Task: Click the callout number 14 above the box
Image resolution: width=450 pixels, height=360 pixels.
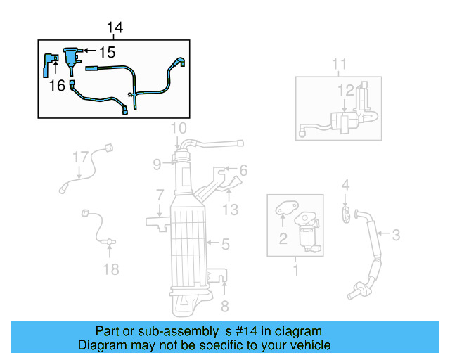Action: (115, 27)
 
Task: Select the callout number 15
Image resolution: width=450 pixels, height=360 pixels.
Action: (106, 52)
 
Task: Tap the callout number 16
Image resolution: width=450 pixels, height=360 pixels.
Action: (58, 85)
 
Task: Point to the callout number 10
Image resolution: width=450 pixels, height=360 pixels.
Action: (179, 128)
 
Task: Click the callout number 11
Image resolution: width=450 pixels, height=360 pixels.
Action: (340, 65)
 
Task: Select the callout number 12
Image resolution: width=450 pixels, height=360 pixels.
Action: (345, 90)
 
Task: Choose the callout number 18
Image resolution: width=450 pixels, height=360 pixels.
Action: (111, 269)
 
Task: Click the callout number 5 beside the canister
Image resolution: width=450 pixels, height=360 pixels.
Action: (225, 245)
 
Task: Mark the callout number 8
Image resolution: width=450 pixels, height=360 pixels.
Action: (225, 306)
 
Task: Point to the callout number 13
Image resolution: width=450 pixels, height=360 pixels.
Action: (231, 209)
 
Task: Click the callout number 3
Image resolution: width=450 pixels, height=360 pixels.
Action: (396, 235)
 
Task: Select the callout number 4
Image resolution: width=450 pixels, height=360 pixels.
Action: (345, 185)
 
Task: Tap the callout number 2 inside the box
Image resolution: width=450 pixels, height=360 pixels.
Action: (283, 239)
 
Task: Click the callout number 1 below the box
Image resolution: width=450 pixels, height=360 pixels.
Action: (295, 270)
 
